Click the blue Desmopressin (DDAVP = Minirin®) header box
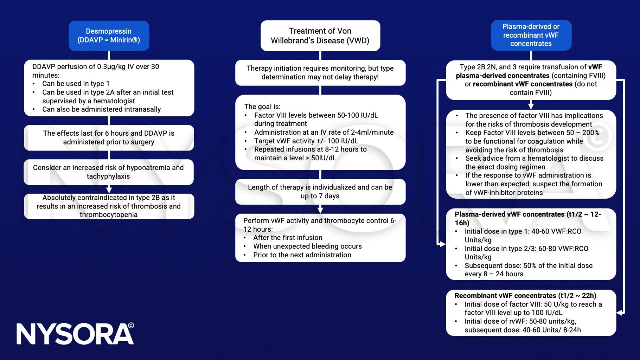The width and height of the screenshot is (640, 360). (x=109, y=36)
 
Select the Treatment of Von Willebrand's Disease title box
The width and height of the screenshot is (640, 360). (x=320, y=36)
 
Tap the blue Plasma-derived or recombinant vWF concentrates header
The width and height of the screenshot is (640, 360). (x=531, y=35)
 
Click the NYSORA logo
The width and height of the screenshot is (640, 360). (x=75, y=334)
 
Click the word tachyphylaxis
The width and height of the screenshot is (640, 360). (x=108, y=176)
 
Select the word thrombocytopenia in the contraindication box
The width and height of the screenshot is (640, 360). (x=108, y=214)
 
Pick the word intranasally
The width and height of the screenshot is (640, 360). (x=141, y=109)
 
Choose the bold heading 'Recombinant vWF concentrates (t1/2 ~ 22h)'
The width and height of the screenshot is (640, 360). (x=525, y=296)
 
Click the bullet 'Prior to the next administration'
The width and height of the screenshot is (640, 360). (x=302, y=255)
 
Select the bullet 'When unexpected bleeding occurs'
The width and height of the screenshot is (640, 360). (x=307, y=246)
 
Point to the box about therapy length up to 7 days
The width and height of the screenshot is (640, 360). (x=320, y=192)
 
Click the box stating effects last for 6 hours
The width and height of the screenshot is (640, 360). (x=109, y=137)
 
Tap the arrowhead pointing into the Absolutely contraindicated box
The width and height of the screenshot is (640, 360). (x=109, y=190)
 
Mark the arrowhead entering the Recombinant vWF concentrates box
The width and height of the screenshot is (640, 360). (x=620, y=313)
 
